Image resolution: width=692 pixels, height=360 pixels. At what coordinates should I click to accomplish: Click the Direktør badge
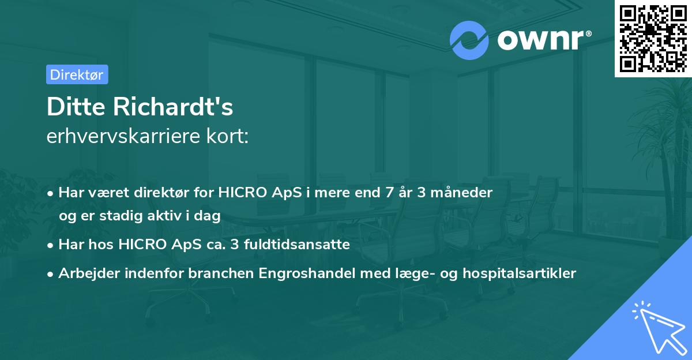77,74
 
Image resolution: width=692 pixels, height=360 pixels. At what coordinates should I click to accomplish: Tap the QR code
653,38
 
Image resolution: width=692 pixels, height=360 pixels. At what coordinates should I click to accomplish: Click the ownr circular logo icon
469,40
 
